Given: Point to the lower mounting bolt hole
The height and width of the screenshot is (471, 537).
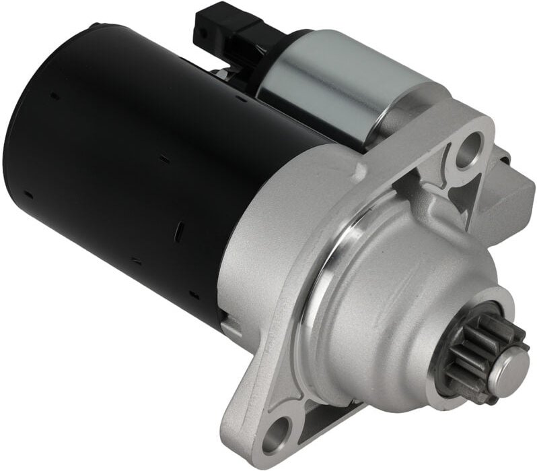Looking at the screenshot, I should tap(275, 433).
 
